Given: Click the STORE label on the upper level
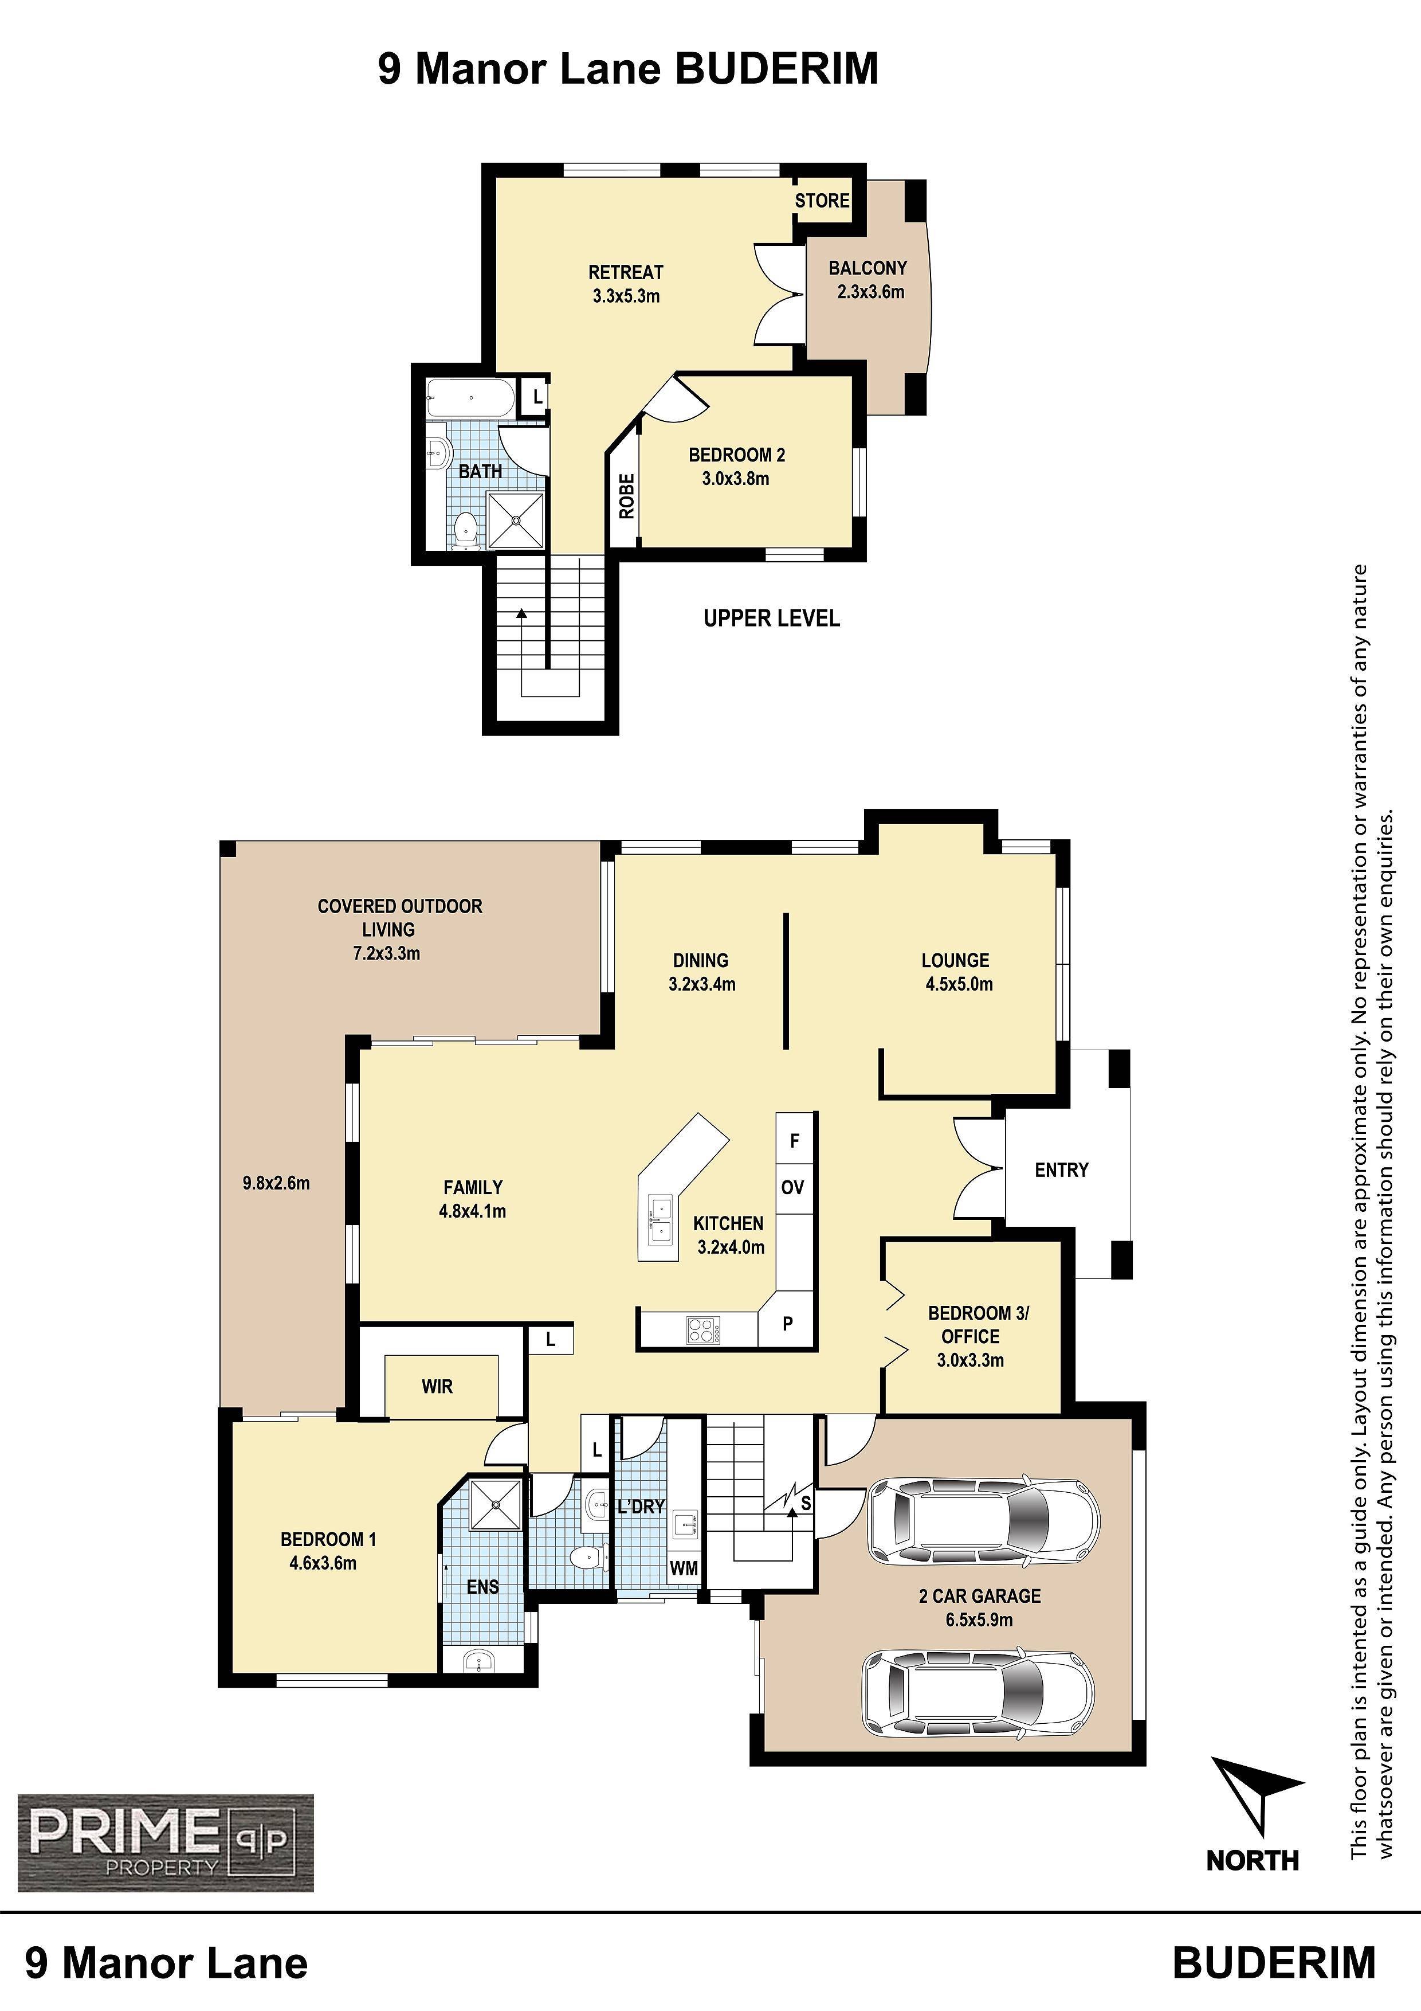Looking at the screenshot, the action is click(821, 201).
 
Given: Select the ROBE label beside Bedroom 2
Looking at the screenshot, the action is click(626, 496).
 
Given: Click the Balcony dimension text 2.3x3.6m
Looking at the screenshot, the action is click(869, 292).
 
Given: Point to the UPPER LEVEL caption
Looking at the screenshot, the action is click(771, 619).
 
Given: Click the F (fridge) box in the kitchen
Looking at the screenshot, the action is click(795, 1140).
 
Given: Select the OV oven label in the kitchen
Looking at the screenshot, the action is click(792, 1188).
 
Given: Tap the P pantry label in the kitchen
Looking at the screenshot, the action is click(788, 1324).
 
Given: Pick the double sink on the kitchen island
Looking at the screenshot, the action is click(660, 1220).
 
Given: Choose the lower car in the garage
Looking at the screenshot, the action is click(978, 1694).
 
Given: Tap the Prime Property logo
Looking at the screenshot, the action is click(166, 1842).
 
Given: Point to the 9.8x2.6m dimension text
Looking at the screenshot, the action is click(276, 1183).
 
